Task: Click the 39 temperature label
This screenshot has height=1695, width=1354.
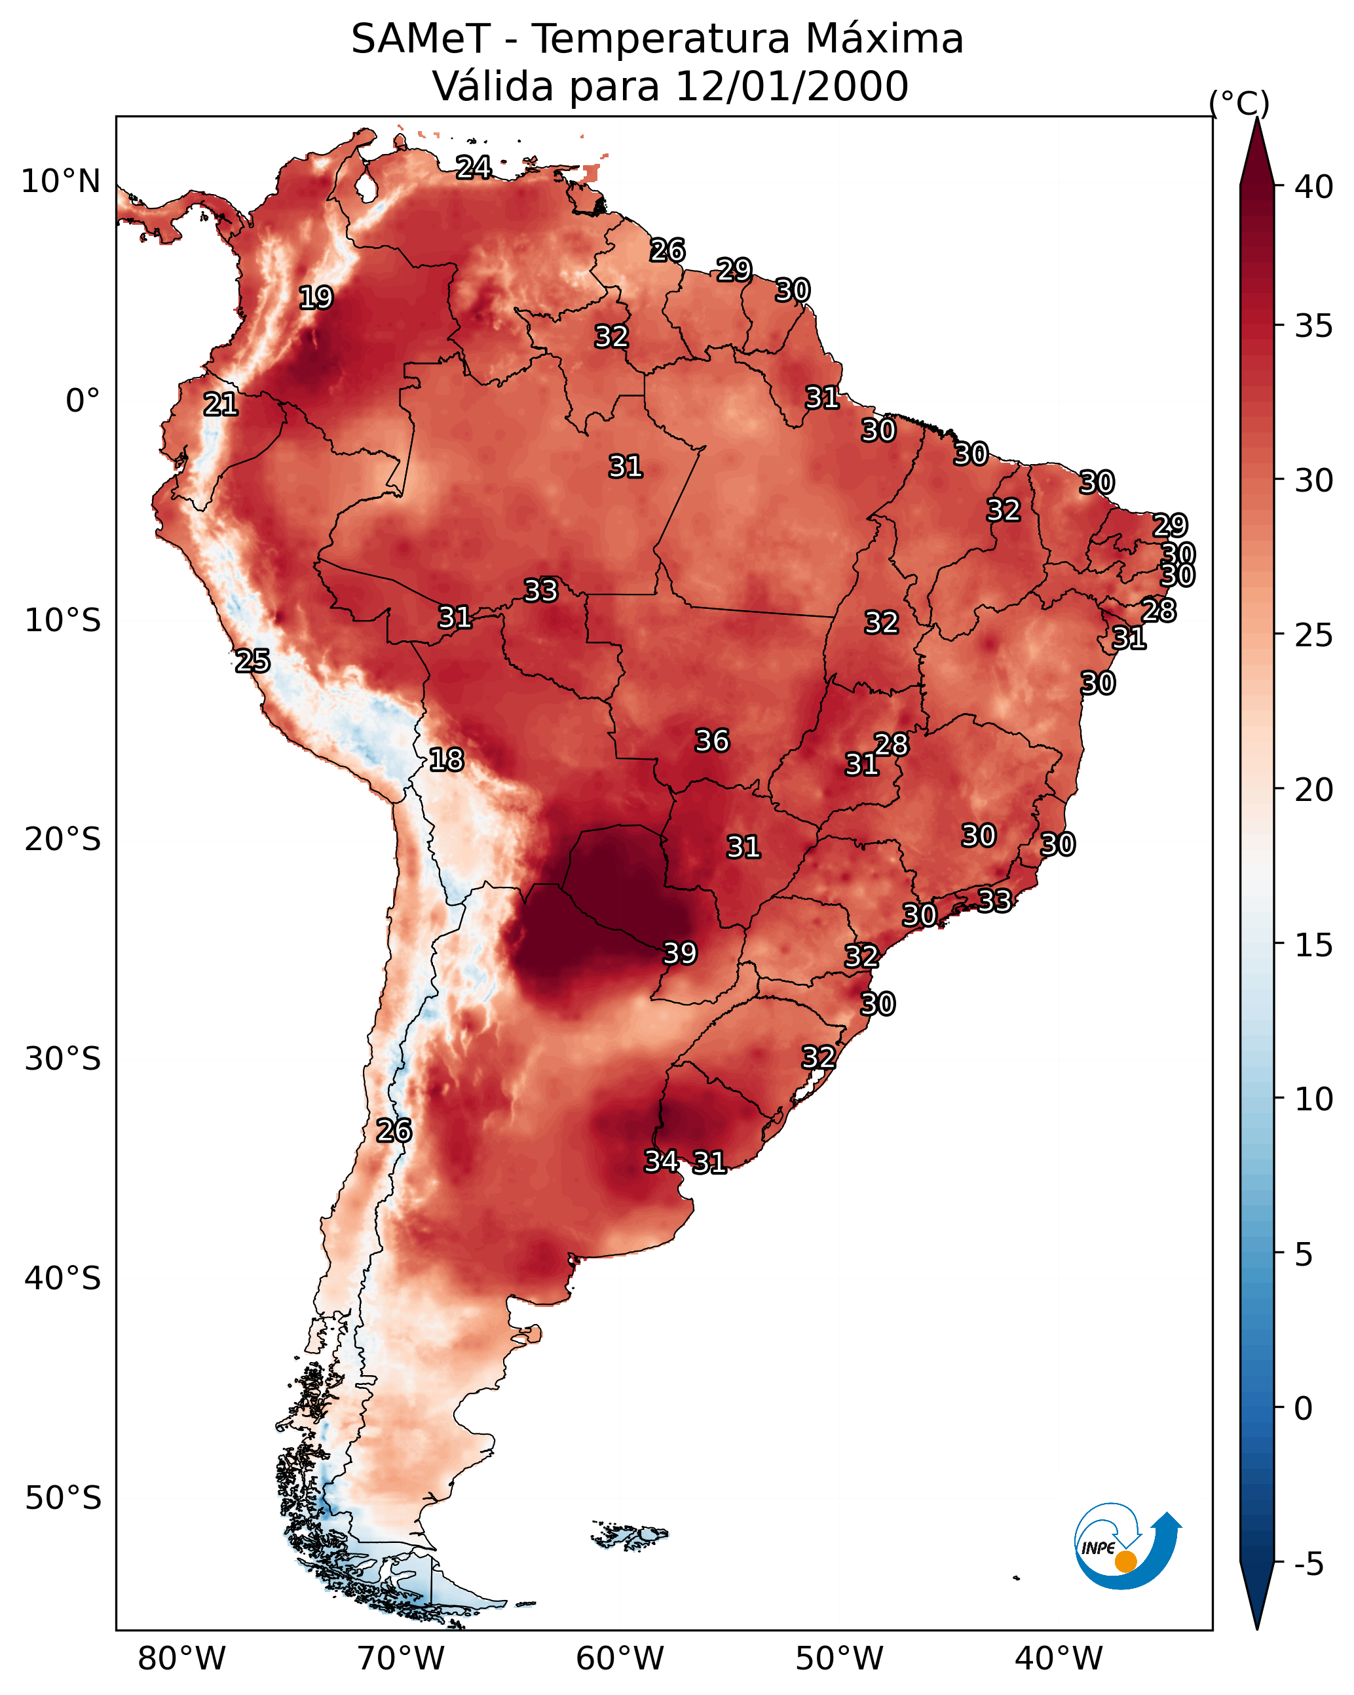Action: pos(680,953)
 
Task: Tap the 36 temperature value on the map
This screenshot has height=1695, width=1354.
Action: pos(712,741)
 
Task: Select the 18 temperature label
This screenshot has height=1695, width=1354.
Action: pos(446,760)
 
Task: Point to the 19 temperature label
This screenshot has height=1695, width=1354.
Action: pos(316,298)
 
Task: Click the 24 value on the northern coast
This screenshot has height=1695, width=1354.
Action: pos(474,167)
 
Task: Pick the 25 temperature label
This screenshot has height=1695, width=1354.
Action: pos(253,661)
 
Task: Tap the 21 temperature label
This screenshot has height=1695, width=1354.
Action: pos(221,405)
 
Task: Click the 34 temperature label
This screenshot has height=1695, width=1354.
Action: pos(662,1161)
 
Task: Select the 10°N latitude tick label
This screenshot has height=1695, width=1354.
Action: pos(60,182)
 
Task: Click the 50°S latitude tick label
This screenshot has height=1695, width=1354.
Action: pos(63,1498)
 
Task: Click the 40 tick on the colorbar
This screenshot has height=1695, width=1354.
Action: pos(1314,187)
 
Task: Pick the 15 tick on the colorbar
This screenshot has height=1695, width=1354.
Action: pos(1314,945)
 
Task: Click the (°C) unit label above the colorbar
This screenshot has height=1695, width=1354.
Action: pos(1239,103)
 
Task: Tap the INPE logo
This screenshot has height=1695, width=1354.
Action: pos(1128,1546)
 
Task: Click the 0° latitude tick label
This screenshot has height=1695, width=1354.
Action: pos(83,401)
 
